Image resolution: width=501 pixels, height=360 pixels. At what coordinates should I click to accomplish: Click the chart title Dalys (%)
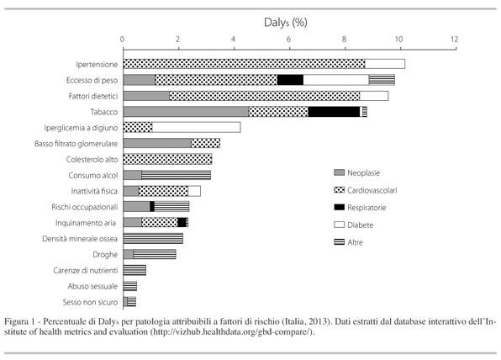pos(285,23)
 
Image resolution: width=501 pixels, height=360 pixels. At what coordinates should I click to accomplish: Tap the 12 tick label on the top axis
pos(455,40)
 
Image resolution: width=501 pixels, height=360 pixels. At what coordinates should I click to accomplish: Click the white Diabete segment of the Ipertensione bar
pos(385,64)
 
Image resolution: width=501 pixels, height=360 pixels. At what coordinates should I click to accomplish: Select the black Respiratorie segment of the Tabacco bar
pos(334,112)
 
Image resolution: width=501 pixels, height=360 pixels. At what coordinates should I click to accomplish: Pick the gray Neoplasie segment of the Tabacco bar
pos(186,112)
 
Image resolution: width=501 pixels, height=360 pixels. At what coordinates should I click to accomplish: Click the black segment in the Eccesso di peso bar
pos(290,80)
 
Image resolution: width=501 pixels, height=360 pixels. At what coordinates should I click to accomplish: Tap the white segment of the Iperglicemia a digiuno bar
pos(196,127)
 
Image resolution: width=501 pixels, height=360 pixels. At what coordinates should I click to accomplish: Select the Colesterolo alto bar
pos(167,159)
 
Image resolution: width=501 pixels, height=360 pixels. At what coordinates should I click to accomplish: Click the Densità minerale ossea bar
pos(153,239)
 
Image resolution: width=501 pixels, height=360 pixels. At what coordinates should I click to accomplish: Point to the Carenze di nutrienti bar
pos(134,270)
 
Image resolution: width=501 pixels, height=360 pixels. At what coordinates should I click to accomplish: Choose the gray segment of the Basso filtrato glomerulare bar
pos(157,143)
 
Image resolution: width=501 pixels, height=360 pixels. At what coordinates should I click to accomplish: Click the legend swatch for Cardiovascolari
pos(339,190)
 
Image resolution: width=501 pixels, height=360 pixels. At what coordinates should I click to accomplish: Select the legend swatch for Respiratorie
pos(339,207)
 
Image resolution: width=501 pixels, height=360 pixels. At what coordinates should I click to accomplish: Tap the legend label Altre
pos(355,242)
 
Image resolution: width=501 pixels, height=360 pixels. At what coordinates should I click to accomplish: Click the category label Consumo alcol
pos(93,175)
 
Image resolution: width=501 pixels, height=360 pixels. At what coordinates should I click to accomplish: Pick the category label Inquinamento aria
pos(86,223)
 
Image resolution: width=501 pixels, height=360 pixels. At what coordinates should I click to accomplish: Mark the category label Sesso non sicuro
pos(90,302)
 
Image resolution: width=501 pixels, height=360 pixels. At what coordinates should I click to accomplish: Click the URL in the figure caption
pos(232,332)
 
